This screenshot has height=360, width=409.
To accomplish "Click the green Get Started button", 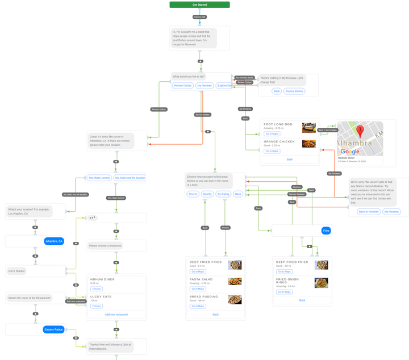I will click(199, 5).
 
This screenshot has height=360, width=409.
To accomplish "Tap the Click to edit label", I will click(199, 17).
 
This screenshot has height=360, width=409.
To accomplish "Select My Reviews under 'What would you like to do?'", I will click(204, 86).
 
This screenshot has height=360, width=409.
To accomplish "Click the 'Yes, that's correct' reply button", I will click(99, 178).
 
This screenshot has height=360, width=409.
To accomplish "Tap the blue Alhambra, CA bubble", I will click(54, 241).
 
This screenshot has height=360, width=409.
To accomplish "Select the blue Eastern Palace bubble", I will click(53, 329).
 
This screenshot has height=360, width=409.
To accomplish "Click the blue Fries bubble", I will click(326, 231).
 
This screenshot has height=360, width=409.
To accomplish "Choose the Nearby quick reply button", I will click(207, 194).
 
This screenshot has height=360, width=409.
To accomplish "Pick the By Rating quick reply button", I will click(223, 194).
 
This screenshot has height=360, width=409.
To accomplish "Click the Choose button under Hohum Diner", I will click(97, 289).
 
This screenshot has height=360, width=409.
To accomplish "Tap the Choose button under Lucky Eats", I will click(97, 306).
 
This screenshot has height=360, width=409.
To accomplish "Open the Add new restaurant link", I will click(116, 315).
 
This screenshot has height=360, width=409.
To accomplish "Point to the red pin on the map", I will click(360, 132).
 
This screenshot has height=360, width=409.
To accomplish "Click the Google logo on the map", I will click(350, 152).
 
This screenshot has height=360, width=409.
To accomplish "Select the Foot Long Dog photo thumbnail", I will click(309, 127).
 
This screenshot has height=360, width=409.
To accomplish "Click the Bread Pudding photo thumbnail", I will click(235, 299).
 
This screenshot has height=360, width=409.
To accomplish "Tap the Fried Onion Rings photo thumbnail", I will click(321, 283).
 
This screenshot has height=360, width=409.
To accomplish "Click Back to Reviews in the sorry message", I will click(369, 212).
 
